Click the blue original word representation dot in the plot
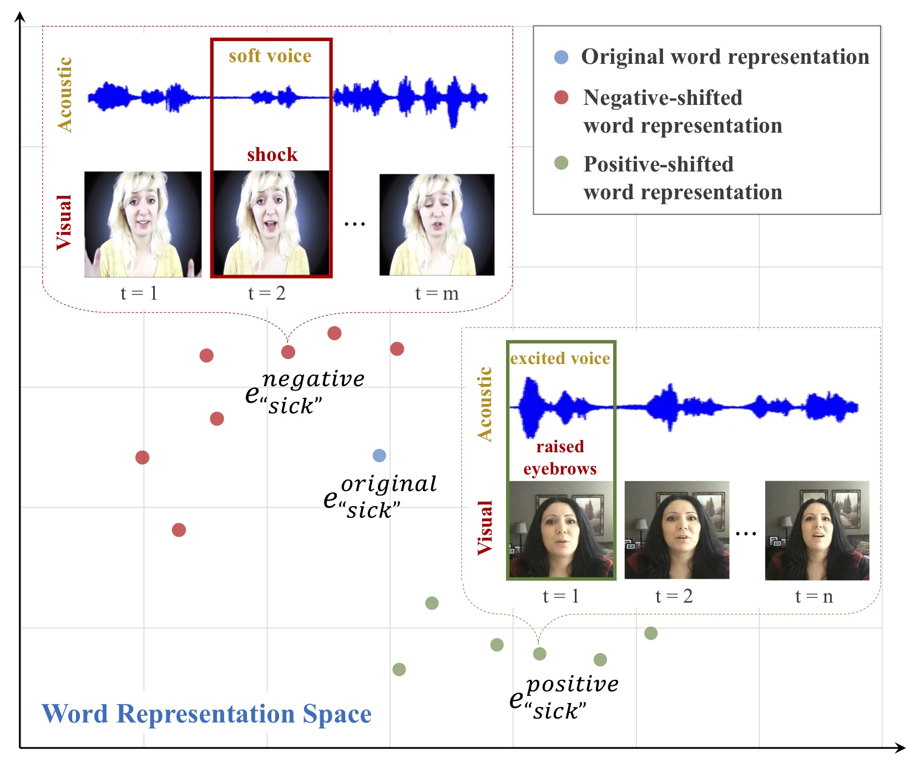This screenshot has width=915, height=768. [x=379, y=456]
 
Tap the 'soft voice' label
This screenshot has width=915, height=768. [x=270, y=56]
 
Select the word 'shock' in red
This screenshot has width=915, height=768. [x=272, y=154]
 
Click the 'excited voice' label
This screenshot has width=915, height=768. [x=560, y=358]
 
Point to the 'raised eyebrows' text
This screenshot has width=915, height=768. [x=560, y=458]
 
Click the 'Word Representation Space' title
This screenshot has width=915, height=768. [x=206, y=714]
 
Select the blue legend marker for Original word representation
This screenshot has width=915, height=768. [x=561, y=57]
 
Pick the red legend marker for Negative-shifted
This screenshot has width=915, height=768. [x=561, y=98]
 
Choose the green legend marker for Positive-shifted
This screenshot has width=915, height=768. [x=561, y=163]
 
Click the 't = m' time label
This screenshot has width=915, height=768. [x=437, y=293]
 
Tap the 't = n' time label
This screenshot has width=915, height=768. [x=813, y=596]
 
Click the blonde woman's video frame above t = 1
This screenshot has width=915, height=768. [x=143, y=224]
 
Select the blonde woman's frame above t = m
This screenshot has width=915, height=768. [x=437, y=224]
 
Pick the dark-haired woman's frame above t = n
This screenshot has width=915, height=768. [x=817, y=530]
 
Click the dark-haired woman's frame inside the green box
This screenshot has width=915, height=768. [x=561, y=529]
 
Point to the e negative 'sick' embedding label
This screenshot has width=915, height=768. [x=304, y=392]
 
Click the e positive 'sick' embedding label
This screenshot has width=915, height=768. [x=563, y=697]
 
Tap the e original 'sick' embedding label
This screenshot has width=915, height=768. [x=380, y=497]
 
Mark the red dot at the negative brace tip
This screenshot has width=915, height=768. [x=288, y=352]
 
